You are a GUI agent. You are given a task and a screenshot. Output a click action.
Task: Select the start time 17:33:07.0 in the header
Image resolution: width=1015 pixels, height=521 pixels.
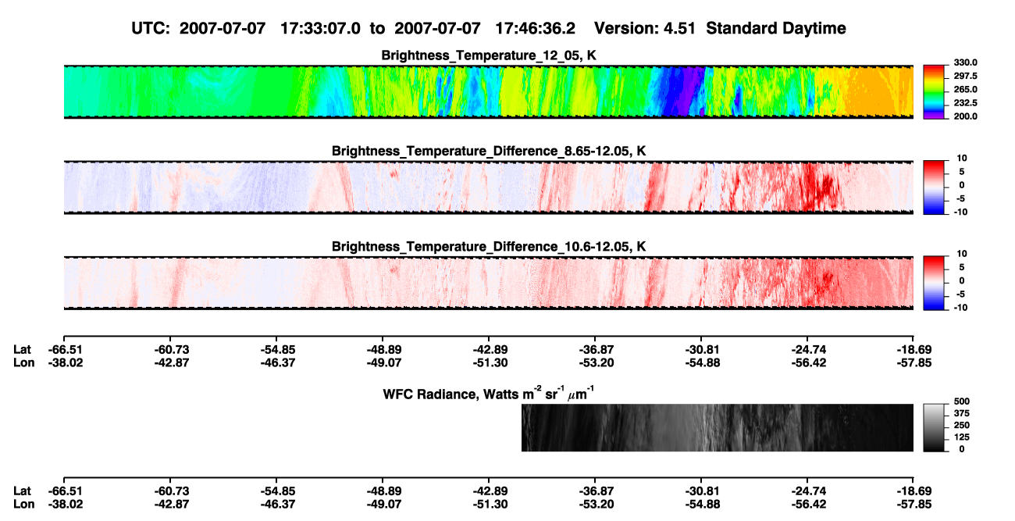click(x=320, y=28)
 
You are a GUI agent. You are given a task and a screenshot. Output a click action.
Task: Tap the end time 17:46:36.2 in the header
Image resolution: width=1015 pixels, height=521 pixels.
click(x=535, y=28)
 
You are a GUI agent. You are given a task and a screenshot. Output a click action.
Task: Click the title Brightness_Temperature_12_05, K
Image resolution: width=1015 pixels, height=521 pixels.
click(x=489, y=55)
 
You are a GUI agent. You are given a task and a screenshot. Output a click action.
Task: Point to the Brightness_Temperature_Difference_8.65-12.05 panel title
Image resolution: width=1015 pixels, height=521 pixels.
click(x=489, y=151)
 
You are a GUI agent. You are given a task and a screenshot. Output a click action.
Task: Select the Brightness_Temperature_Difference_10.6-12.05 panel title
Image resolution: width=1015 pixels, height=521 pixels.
click(x=489, y=247)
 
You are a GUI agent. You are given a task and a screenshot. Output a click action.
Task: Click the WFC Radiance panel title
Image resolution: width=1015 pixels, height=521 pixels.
click(x=489, y=394)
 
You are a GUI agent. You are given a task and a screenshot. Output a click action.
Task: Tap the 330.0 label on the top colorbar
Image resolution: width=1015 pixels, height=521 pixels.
click(x=965, y=62)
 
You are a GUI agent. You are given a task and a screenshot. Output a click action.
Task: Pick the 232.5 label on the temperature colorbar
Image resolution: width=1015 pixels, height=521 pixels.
click(x=965, y=103)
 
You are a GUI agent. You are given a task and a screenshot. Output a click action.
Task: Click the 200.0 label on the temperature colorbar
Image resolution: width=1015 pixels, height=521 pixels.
click(x=965, y=116)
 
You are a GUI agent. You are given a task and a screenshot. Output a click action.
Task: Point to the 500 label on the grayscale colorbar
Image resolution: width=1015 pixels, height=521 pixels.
click(x=962, y=401)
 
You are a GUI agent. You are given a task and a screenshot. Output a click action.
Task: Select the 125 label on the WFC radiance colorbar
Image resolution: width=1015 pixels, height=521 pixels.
click(x=962, y=437)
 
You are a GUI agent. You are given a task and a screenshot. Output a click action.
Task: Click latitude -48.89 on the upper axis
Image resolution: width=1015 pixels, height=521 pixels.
click(x=383, y=350)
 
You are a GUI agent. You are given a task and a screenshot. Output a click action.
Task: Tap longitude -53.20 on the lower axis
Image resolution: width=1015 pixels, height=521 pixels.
click(x=597, y=505)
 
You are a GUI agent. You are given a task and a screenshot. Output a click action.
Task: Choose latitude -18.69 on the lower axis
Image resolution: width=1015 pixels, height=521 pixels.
click(x=914, y=491)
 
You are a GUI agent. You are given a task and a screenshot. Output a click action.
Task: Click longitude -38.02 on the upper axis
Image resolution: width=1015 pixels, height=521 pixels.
click(x=66, y=362)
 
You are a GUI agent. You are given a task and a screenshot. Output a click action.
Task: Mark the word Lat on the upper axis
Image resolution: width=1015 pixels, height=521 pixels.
click(x=22, y=350)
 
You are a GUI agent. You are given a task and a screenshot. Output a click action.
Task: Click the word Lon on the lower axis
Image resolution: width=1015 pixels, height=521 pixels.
click(x=23, y=505)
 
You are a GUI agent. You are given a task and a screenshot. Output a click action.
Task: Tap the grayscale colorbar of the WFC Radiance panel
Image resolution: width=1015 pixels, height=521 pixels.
click(x=934, y=427)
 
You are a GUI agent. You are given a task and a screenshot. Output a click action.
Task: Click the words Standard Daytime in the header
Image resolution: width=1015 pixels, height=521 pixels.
click(x=776, y=28)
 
